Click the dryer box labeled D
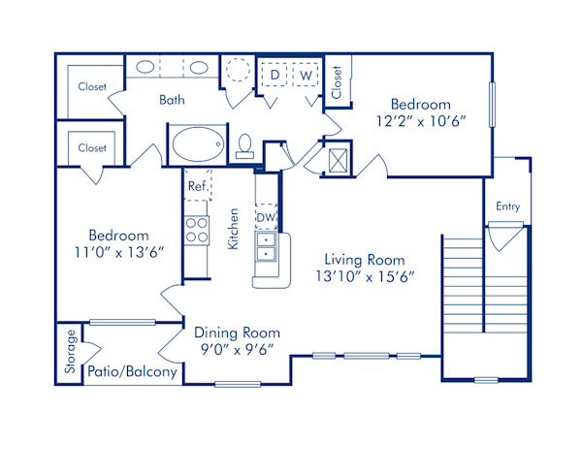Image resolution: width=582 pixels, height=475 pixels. coord(275,75)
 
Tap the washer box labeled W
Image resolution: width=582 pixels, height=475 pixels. coord(307,75)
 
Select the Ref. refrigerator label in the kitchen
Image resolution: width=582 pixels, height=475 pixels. coord(197,185)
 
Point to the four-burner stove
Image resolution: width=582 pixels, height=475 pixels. coord(198,229)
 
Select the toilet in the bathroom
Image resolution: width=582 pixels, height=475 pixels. coord(244,145)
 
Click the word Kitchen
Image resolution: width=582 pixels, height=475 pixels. coord(234,229)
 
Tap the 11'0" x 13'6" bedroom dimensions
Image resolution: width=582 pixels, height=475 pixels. coord(118,253)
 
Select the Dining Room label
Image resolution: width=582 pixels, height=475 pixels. coord(237,332)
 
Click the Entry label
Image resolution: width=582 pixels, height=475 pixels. coord(507,206)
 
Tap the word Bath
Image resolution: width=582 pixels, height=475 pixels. coord(173,100)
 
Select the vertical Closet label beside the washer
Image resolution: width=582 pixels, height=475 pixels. coord(336,81)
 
